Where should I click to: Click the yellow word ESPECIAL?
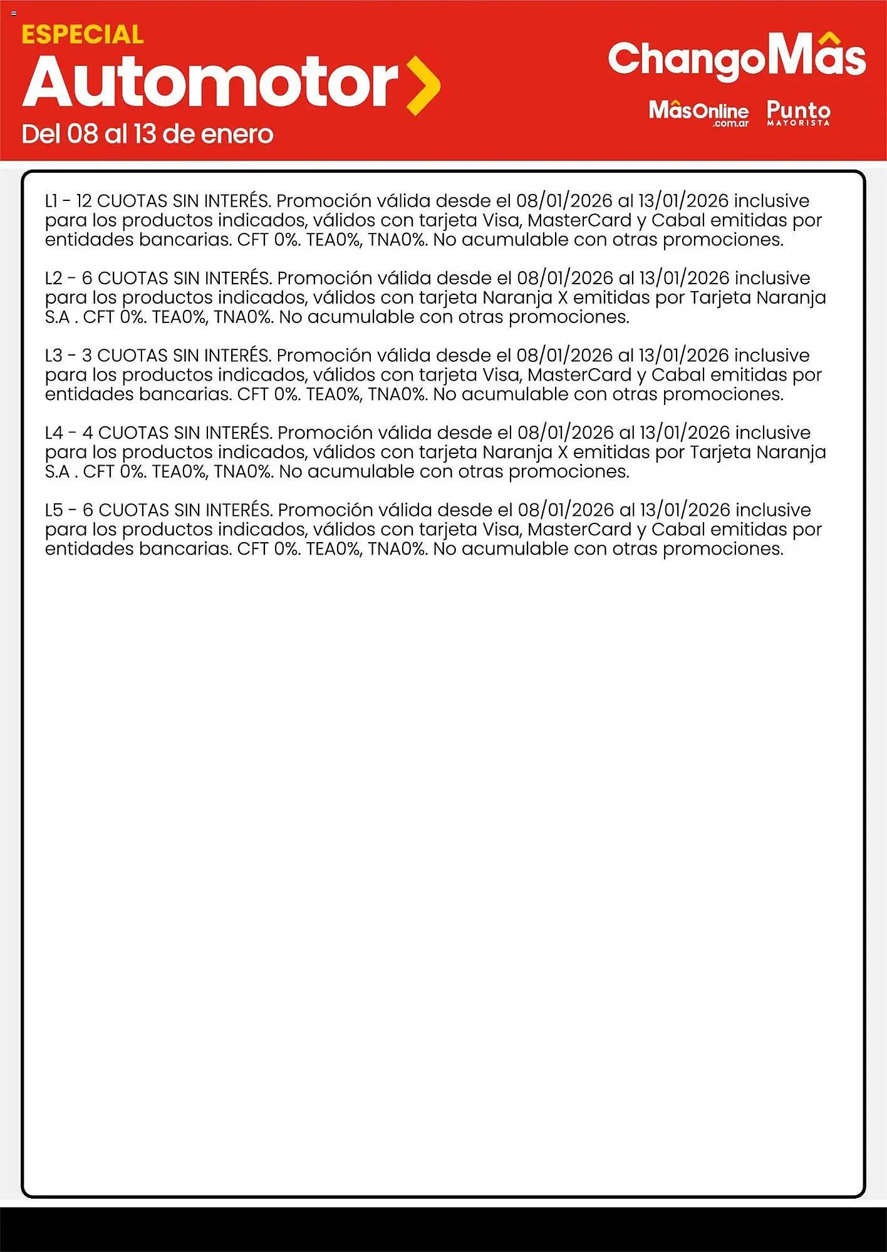pos(82,35)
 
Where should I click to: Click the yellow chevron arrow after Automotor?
pos(423,85)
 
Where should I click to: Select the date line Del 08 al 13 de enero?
pos(147,135)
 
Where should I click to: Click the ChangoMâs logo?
pos(737,58)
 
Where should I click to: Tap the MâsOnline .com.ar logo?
pos(698,113)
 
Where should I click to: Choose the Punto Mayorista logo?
pos(799,113)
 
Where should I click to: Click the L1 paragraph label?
pos(51,201)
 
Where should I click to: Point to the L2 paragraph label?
pos(53,278)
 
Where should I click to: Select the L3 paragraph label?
pos(53,356)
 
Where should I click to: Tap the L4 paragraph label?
pos(54,433)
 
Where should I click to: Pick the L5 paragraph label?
pos(54,510)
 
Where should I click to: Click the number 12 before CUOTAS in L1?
pos(84,201)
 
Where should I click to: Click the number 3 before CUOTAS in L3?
pos(87,356)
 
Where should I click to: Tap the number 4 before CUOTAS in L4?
pos(88,433)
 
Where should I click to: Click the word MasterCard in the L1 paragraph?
pos(579,220)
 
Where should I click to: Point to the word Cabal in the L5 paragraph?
pos(678,530)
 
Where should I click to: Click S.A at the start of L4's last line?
pos(57,472)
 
